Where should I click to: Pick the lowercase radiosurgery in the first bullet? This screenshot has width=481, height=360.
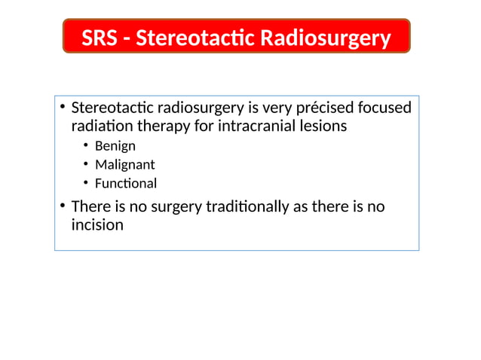(x=197, y=108)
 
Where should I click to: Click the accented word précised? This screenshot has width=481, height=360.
(x=325, y=108)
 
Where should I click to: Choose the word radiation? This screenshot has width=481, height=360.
(x=101, y=127)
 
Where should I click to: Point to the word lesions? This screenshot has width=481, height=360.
(x=322, y=126)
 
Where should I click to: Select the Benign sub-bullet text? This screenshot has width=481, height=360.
(x=115, y=146)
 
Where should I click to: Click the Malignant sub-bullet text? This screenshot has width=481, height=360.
(x=124, y=165)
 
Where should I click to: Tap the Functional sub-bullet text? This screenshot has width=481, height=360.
(x=125, y=183)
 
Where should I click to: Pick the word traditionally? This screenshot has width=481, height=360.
(x=249, y=206)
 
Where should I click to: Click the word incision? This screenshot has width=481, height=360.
(x=97, y=224)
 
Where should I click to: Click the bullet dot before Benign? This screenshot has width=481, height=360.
(x=87, y=145)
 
